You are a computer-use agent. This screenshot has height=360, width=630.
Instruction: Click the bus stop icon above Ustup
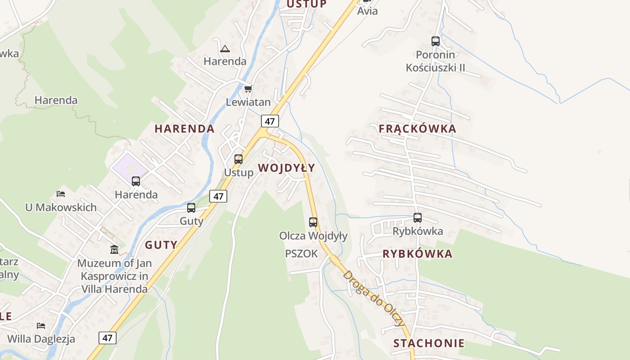click(x=238, y=159)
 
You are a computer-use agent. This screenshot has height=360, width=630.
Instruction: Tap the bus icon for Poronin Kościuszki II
click(x=435, y=41)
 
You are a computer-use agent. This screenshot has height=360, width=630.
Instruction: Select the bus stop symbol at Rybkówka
click(x=418, y=218)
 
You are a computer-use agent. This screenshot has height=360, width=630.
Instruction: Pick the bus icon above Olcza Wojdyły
click(x=313, y=222)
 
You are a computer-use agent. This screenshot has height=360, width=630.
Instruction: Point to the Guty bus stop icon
click(x=191, y=208)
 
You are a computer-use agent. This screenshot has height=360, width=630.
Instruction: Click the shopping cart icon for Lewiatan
click(x=248, y=89)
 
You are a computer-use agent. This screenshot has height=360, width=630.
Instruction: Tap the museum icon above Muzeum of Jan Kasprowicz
click(x=114, y=249)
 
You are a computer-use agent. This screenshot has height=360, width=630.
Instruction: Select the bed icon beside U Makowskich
click(x=61, y=194)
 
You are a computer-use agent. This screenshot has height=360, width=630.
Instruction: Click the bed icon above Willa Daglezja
click(x=41, y=325)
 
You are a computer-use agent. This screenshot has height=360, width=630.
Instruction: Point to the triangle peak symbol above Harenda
click(x=225, y=49)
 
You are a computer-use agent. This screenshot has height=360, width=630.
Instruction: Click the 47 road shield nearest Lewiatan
click(x=270, y=121)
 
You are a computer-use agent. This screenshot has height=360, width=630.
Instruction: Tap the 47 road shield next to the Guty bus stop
click(x=218, y=196)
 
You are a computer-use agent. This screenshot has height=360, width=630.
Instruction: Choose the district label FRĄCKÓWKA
click(x=417, y=129)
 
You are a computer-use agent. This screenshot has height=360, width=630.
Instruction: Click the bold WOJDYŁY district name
click(x=286, y=168)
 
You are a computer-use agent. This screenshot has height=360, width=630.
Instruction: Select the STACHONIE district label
click(x=428, y=344)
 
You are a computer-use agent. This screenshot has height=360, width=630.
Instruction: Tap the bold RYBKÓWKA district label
click(x=417, y=254)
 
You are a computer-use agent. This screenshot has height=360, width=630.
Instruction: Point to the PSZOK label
click(x=301, y=254)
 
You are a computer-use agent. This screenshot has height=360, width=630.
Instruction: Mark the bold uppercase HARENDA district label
click(x=184, y=129)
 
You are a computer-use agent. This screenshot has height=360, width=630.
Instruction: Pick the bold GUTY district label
click(x=161, y=245)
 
